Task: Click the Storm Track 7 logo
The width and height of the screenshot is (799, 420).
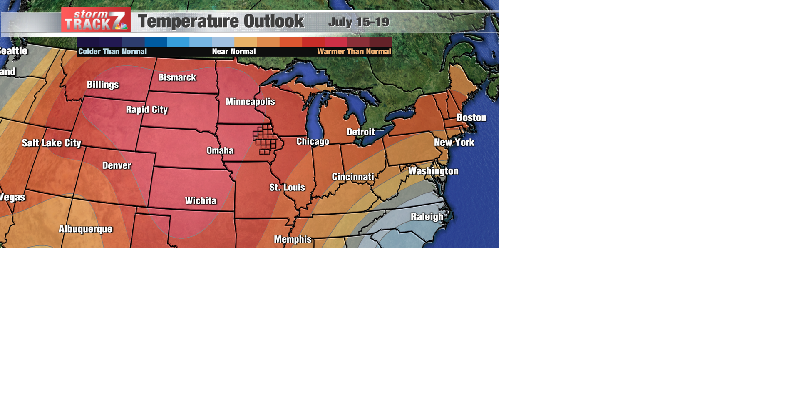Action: (x=96, y=20)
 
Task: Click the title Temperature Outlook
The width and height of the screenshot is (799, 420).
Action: (x=221, y=21)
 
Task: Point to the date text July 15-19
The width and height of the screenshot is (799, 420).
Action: (x=358, y=22)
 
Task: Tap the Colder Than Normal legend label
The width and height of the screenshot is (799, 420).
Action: (x=112, y=52)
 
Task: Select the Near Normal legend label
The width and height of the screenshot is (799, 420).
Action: (x=233, y=52)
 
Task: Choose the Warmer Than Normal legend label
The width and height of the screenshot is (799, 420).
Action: (x=354, y=52)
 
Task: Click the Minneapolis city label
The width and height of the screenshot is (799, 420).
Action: (x=250, y=102)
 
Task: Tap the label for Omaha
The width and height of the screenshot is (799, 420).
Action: (x=220, y=150)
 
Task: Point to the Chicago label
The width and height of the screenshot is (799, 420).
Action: (x=313, y=142)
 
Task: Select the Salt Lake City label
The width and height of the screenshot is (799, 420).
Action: (x=51, y=143)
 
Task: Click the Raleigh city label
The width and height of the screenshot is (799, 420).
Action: (x=427, y=217)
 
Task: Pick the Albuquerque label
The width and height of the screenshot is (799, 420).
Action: (x=85, y=229)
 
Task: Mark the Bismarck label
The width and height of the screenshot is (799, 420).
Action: (x=177, y=77)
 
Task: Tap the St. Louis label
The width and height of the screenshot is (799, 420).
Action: (x=287, y=187)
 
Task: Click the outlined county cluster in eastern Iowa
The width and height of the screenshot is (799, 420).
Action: (x=265, y=140)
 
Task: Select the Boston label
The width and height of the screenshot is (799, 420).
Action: (x=471, y=117)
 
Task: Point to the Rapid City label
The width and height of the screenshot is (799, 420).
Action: (x=146, y=110)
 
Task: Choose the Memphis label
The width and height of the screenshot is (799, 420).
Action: (x=293, y=239)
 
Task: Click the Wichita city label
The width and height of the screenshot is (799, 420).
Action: (x=201, y=201)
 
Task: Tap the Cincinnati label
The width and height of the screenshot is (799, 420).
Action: (x=352, y=177)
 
